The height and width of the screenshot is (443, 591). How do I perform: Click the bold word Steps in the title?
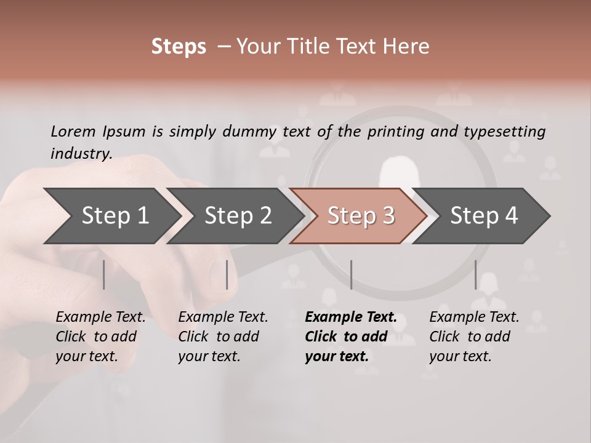[179, 47]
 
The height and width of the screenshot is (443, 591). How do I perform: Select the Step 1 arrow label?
[115, 215]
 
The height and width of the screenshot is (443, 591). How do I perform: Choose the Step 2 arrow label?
[238, 215]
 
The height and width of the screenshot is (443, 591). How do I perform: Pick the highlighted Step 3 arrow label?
[361, 215]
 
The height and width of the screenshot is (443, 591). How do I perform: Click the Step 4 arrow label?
[484, 215]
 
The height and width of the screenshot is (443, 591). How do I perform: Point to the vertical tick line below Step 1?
[104, 274]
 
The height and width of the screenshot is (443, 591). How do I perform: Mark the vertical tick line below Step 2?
[227, 274]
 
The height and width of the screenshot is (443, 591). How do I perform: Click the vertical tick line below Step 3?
[351, 274]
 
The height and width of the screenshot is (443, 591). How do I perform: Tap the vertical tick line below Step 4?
[475, 274]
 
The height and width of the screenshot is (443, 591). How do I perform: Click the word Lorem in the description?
[73, 132]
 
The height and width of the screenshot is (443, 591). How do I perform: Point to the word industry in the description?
[81, 154]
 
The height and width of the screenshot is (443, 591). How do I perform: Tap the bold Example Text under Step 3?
[351, 317]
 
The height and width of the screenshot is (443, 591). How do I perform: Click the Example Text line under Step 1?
[100, 317]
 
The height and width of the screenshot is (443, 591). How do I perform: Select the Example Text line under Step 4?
[474, 317]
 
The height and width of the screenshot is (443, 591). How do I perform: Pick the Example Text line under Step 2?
[223, 317]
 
